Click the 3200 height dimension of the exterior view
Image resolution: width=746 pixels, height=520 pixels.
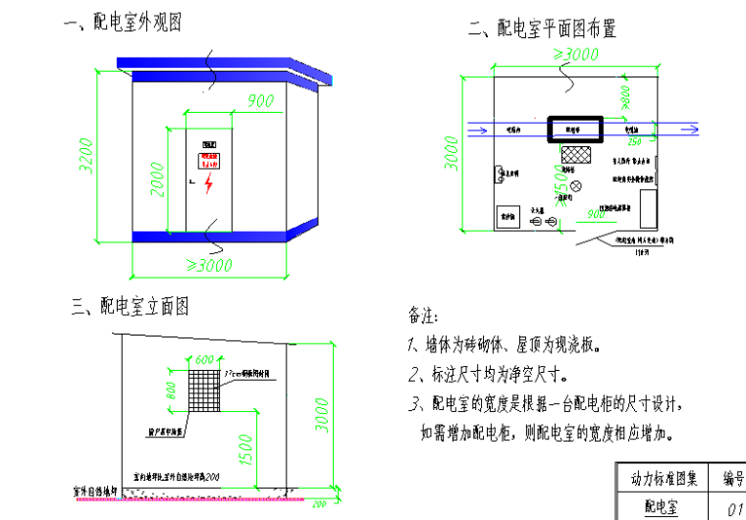coord(86,153)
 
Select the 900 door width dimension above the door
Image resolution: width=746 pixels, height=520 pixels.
coord(259,100)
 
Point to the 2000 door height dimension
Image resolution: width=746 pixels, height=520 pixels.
coord(157,179)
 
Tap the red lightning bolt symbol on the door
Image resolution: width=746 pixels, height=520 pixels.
coord(208,183)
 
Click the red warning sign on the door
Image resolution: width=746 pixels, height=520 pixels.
coord(209,161)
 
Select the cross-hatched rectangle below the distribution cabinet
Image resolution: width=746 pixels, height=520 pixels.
coord(574,153)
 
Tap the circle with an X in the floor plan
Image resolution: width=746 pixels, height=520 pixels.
coord(577,185)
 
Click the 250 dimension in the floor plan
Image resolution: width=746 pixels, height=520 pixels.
coord(634,139)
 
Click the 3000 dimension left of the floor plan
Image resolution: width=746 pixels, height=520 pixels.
coord(453,151)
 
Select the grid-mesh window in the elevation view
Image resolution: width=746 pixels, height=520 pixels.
coord(204,389)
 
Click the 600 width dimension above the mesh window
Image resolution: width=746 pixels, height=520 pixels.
coord(204,360)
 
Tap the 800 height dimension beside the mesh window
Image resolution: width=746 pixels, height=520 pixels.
coord(173,390)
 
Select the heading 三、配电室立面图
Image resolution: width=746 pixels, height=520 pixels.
coord(130,307)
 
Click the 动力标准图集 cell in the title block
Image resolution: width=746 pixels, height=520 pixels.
coord(664,478)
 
